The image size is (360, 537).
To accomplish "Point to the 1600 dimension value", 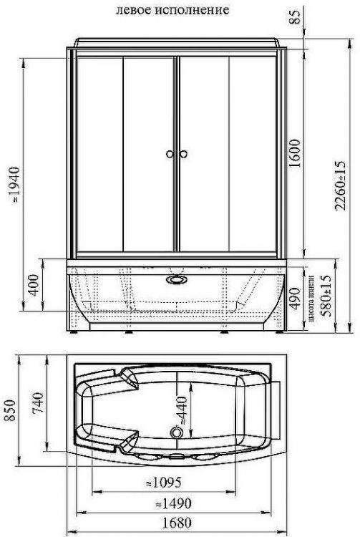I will click(295, 151).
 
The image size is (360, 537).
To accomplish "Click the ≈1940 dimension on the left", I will click(15, 189).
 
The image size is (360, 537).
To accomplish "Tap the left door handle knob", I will click(170, 154).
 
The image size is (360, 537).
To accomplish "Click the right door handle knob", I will click(183, 154).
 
